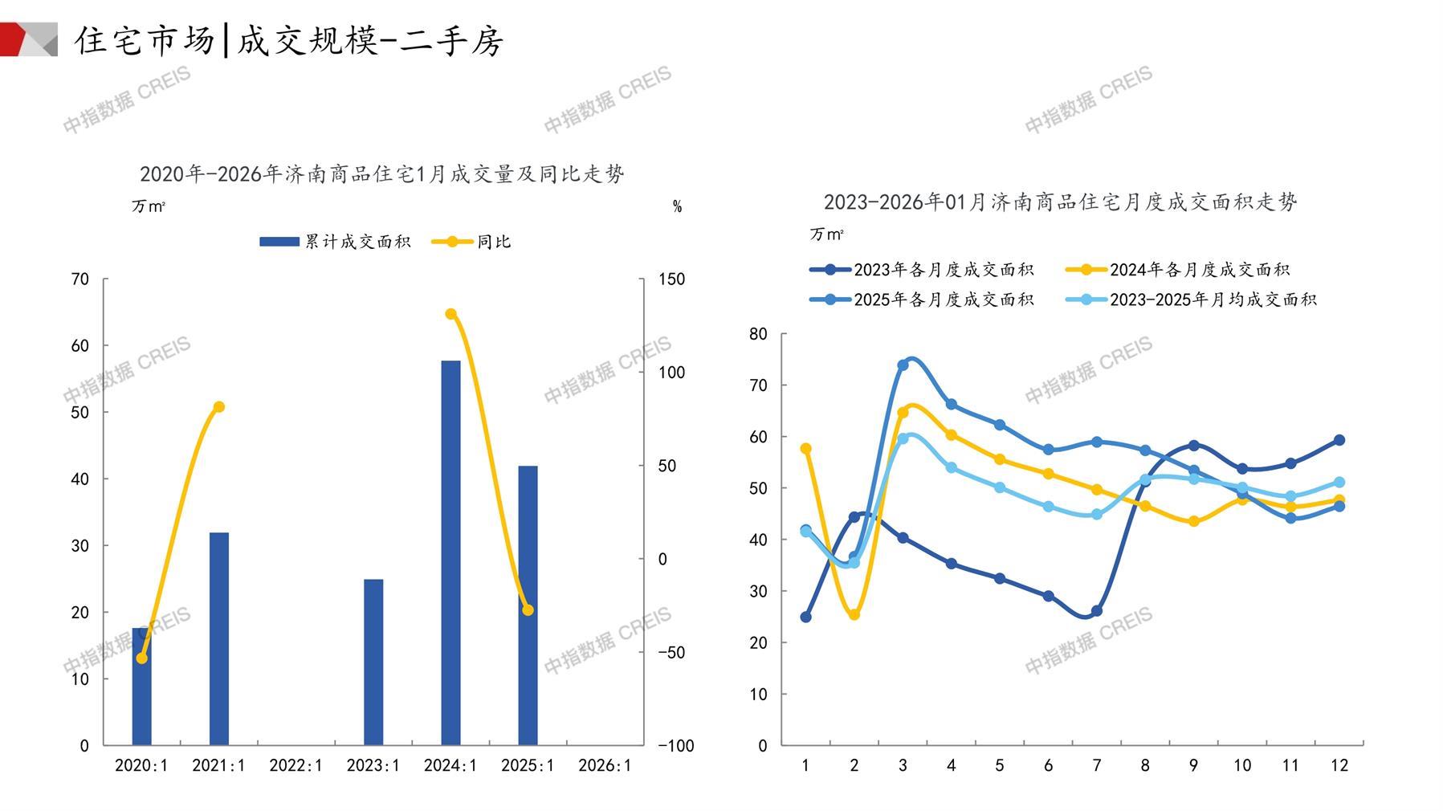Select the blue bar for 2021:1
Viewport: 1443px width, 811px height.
(x=218, y=638)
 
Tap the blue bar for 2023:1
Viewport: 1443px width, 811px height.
(x=373, y=662)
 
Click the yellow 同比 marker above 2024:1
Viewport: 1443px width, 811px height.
(x=450, y=314)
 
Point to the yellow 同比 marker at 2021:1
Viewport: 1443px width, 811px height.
(x=218, y=407)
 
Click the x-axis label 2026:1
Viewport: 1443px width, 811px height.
(x=605, y=765)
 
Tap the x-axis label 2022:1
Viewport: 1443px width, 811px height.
(x=296, y=765)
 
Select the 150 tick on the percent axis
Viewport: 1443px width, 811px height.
(x=671, y=279)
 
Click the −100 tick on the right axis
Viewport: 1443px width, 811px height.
(x=675, y=745)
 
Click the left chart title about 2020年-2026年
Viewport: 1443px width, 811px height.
(x=381, y=173)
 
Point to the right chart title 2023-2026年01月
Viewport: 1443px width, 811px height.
(x=1060, y=202)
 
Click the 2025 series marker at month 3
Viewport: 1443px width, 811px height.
(x=903, y=365)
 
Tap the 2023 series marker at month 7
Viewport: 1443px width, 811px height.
(x=1097, y=611)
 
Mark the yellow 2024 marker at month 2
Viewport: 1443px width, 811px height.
(x=854, y=614)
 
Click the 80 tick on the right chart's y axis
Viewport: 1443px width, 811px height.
(x=758, y=334)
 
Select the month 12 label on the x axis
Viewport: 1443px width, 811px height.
(x=1339, y=765)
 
